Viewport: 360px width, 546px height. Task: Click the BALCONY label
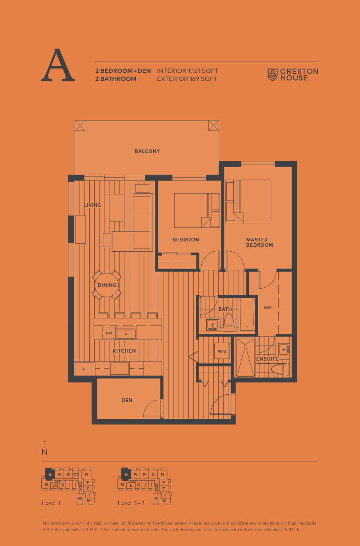pos(147,151)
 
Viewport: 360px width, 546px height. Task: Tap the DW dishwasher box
pos(109,333)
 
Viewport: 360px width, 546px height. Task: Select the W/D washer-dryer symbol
pos(222,351)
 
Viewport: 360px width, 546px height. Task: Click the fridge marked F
pos(84,369)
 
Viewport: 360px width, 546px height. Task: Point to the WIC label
pos(268,308)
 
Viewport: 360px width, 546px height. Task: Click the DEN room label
pos(127,400)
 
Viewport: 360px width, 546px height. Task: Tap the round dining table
pos(107,285)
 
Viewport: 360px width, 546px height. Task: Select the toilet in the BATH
pos(229,322)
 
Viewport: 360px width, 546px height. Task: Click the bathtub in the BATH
pos(247,315)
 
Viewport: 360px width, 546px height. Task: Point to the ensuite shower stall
pos(245,357)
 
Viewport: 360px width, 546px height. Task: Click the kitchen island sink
pos(126,334)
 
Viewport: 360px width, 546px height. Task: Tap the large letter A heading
pos(58,65)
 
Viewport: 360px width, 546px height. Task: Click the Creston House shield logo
pos(272,75)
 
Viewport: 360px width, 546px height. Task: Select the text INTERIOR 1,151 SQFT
pos(188,71)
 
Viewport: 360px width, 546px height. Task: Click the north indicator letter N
pos(44,452)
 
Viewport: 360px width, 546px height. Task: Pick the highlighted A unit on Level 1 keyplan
pos(50,474)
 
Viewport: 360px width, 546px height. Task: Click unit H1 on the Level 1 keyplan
pos(80,498)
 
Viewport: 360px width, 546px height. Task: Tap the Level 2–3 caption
pos(131,503)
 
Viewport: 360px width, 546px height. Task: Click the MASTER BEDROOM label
pos(260,242)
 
